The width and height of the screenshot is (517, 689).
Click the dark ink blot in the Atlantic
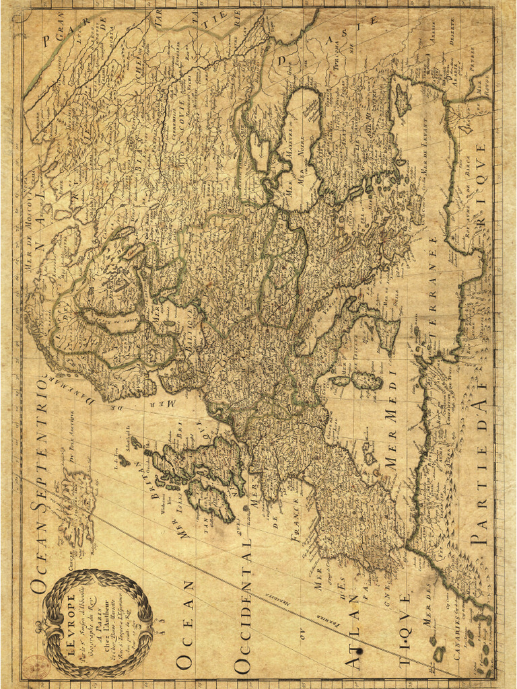(361, 651)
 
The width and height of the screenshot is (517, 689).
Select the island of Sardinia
(367, 381)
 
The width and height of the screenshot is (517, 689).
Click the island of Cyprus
(403, 99)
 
